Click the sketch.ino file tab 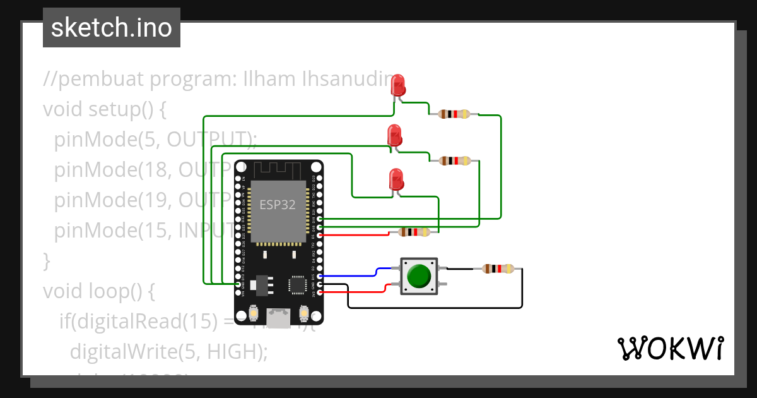pos(112,28)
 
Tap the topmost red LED pos(398,85)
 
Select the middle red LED pos(394,135)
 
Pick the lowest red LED pos(396,179)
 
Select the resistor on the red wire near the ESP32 pos(414,232)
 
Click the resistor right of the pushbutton pos(498,268)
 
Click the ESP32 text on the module pos(278,205)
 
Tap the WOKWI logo pos(669,348)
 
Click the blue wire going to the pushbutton pos(353,275)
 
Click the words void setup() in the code pos(104,109)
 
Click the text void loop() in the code pos(98,291)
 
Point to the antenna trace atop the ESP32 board pos(278,169)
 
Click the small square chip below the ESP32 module pos(297,285)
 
